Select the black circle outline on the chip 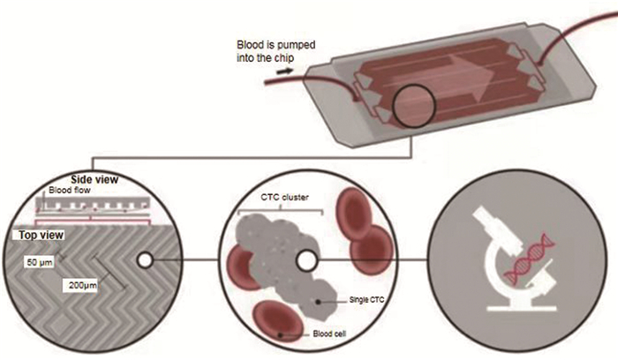411,110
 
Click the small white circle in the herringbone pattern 144,260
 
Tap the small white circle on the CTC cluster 306,261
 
